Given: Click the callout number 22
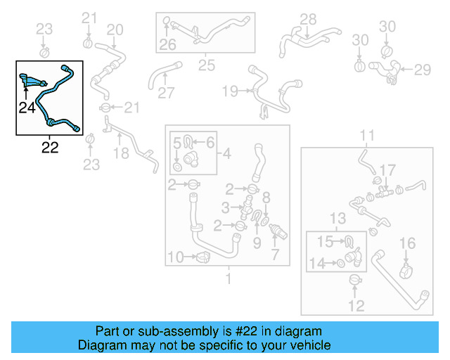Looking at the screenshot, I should coord(50,148).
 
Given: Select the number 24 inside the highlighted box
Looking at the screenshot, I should coord(27,108).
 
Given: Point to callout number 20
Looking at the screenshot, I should coord(115,30).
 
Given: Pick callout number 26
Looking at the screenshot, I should coord(167,46).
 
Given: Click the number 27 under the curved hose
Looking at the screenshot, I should coord(166,93).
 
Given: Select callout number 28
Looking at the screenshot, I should coord(309,19).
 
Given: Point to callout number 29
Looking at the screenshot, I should coord(422,69).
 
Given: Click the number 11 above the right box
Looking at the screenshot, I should coord(368,135).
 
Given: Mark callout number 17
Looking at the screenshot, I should coord(388,169).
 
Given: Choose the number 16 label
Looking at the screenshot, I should coord(408,244).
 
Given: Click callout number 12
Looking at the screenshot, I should coord(356,306).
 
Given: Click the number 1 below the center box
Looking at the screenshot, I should coord(228,279).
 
